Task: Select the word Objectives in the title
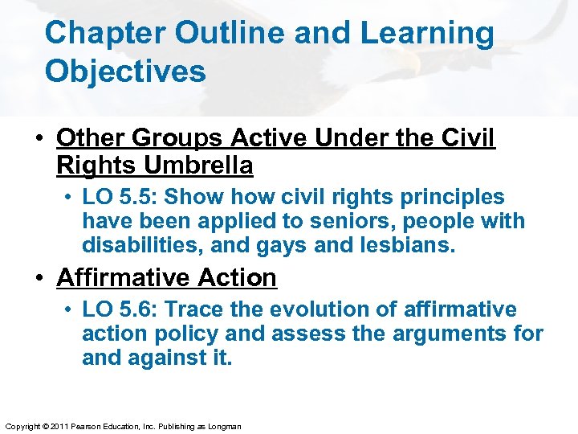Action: click(x=125, y=71)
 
